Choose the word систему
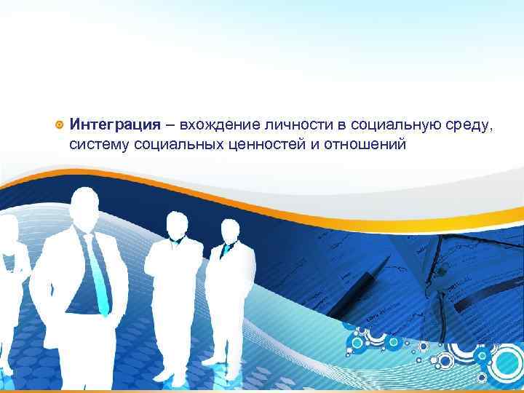(98, 146)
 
